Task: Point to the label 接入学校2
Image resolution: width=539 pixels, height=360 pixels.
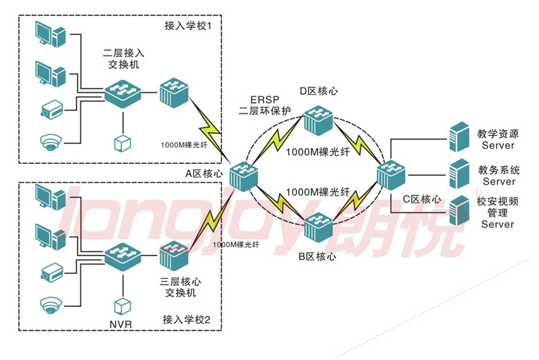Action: (x=186, y=319)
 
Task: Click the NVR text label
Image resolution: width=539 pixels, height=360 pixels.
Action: (x=121, y=324)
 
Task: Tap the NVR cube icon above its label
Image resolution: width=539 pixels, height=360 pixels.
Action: (x=121, y=304)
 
